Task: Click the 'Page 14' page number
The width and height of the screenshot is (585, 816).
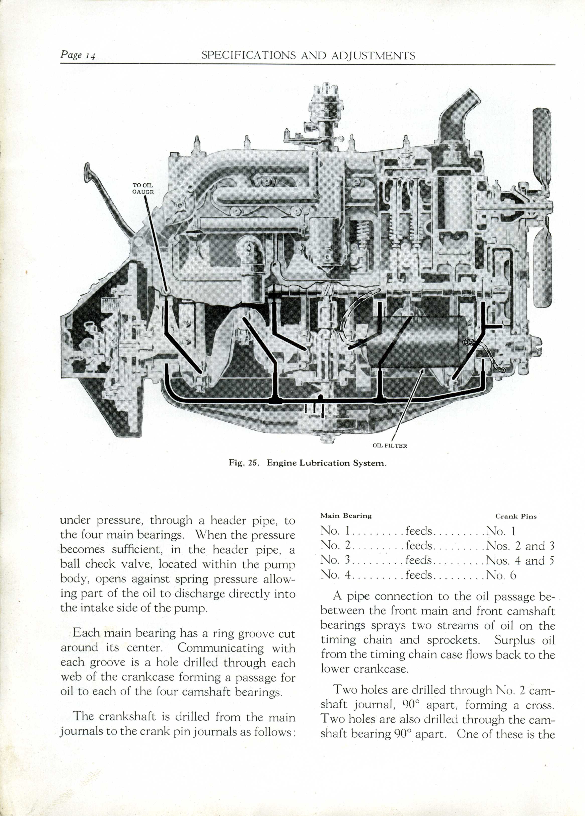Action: click(x=78, y=55)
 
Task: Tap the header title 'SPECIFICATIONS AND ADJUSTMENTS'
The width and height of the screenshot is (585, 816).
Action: click(x=308, y=55)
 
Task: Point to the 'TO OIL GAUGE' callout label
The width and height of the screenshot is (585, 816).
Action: click(x=143, y=189)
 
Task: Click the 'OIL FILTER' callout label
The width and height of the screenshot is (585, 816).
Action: click(x=390, y=446)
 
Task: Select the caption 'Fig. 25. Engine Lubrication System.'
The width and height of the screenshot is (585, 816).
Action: click(x=308, y=463)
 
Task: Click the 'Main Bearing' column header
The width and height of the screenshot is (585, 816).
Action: click(x=346, y=515)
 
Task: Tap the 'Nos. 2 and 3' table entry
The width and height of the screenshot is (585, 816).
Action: click(x=520, y=546)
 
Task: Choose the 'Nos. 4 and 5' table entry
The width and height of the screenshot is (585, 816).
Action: click(x=520, y=561)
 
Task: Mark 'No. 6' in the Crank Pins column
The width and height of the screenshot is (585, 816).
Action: click(x=501, y=575)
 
